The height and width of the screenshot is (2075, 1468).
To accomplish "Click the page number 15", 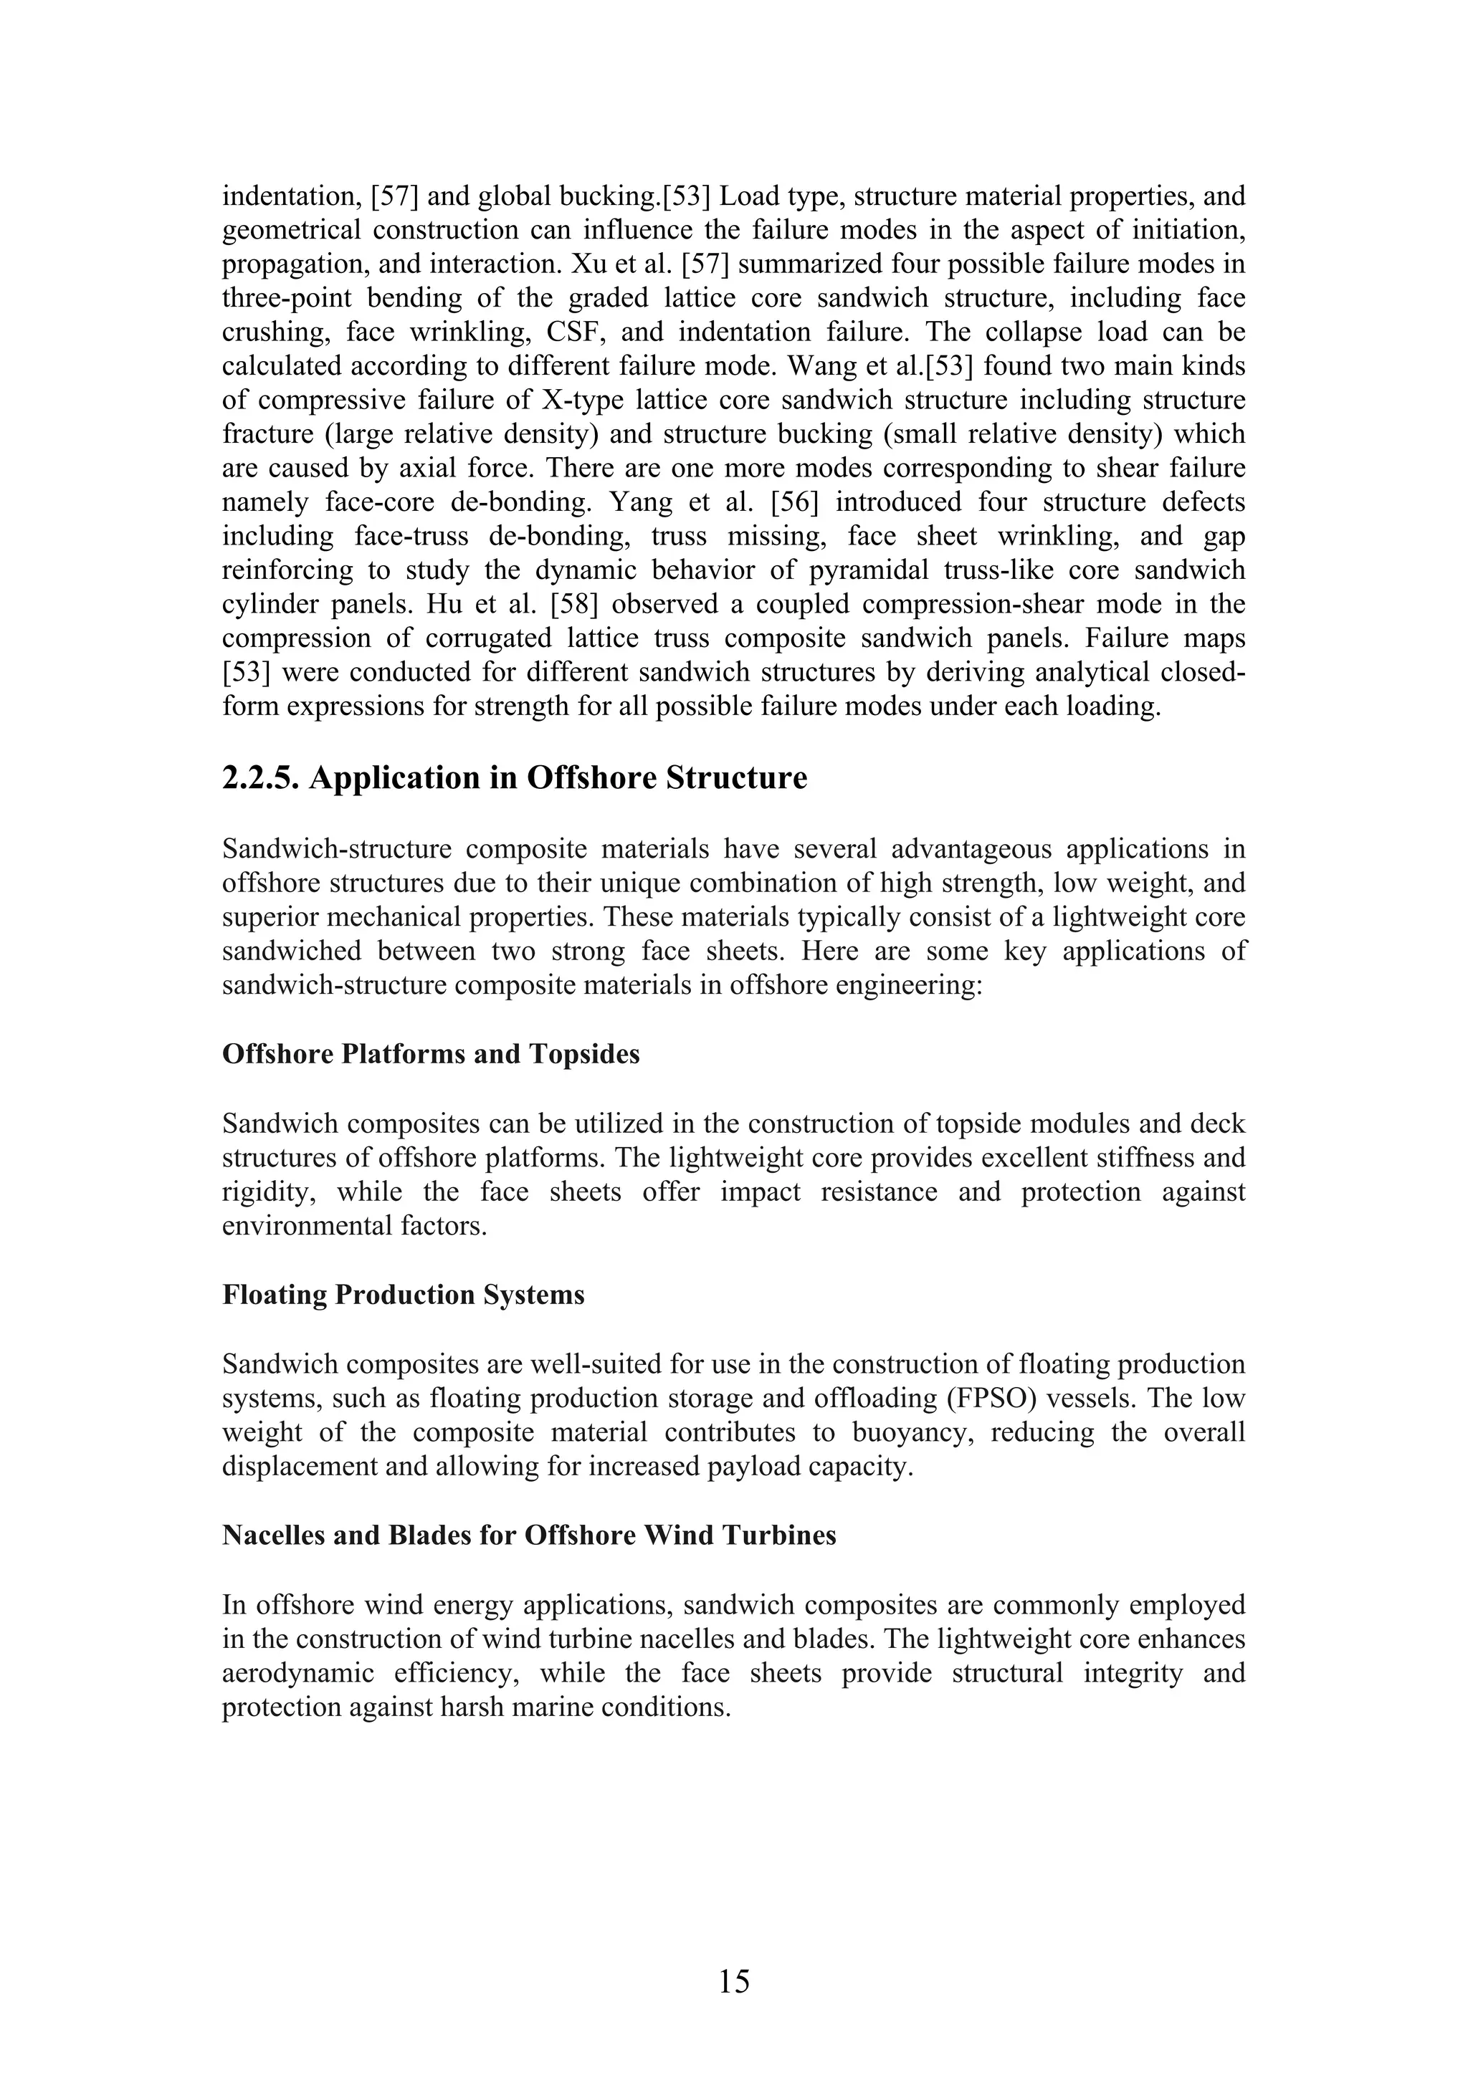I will point(734,1981).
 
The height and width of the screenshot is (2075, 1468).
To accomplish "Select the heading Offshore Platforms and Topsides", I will point(430,1054).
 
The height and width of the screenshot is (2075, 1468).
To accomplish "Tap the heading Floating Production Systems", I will point(403,1294).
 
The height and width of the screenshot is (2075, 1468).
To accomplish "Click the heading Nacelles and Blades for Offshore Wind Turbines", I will point(529,1535).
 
